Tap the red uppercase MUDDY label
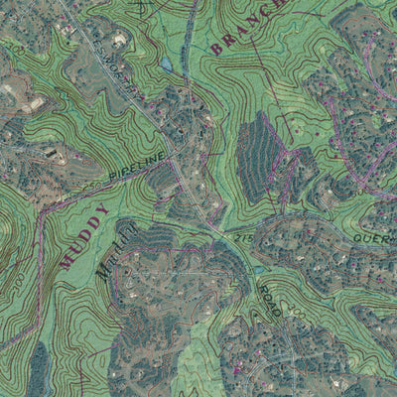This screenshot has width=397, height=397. click(x=84, y=238)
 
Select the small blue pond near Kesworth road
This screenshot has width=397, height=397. click(x=167, y=66)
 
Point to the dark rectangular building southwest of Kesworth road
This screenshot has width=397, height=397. click(x=52, y=153)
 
